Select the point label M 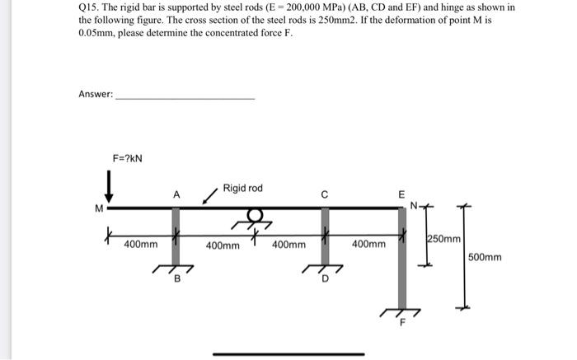99,208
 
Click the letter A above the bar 176,195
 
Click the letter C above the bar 325,195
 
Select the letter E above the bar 401,195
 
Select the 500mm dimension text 485,258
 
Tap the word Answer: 96,94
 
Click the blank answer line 185,98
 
